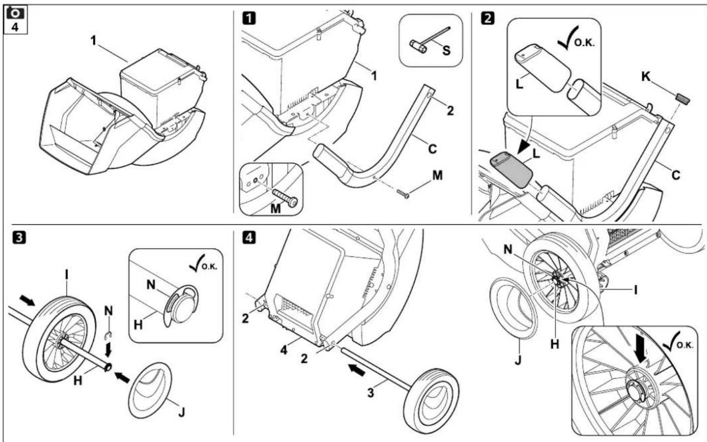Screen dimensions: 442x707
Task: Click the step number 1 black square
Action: click(247, 19)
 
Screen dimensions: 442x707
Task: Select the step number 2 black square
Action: click(487, 19)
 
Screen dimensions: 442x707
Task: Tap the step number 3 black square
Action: click(15, 236)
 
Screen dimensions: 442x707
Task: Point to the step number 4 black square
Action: click(247, 236)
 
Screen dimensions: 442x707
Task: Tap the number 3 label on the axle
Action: click(370, 393)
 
